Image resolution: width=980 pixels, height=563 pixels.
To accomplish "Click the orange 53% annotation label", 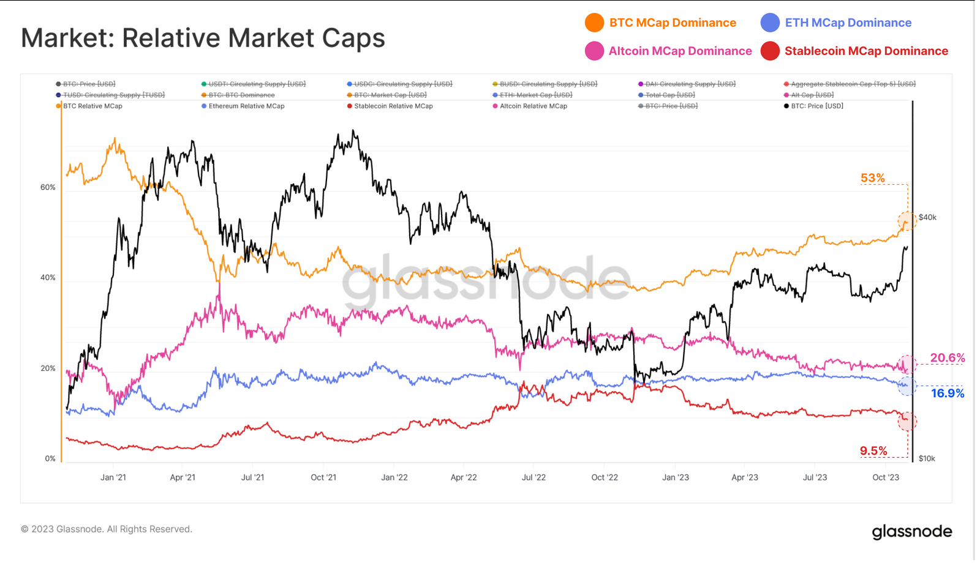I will pos(872,178).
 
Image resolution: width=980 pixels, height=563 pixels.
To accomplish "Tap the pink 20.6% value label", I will pos(947,358).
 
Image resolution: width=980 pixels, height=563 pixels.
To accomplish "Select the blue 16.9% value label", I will pos(947,393).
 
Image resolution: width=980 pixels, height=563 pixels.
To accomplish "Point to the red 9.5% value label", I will pos(873,451).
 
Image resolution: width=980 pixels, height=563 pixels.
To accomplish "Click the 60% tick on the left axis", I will pos(48,187).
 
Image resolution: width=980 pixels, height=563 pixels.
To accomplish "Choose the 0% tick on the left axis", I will pos(50,458).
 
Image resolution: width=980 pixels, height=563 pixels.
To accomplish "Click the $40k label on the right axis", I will pos(927,217).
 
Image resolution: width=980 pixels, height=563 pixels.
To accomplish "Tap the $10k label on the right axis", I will pos(927,458).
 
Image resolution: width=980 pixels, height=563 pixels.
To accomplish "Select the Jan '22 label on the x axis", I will pos(394,477).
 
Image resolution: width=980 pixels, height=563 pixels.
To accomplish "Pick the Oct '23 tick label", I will pos(886,477).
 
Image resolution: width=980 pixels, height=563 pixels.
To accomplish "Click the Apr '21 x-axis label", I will pos(183,477).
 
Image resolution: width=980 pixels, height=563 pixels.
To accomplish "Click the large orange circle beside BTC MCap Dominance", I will pos(594,23).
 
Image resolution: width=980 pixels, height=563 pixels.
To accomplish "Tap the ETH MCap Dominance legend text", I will pos(848,23).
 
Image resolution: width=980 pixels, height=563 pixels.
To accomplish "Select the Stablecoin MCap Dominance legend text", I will pos(866,51).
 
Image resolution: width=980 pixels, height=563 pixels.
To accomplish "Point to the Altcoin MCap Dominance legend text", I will pos(680,51).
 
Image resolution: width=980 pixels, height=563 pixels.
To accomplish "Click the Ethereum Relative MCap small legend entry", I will pos(246,106).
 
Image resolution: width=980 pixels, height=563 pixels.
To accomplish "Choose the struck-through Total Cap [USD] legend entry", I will pos(670,95).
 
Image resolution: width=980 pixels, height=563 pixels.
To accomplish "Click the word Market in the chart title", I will pos(67,38).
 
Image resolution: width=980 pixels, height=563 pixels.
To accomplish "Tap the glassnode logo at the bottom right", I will pos(912,531).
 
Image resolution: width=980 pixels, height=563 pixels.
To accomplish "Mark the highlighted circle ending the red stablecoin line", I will pos(907,421).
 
